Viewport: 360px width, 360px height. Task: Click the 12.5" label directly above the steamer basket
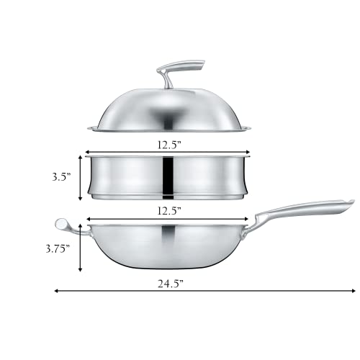click(x=168, y=143)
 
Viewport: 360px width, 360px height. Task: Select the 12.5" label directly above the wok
click(x=168, y=210)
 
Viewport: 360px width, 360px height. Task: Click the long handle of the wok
click(x=302, y=210)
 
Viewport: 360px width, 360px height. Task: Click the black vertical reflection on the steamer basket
click(x=168, y=176)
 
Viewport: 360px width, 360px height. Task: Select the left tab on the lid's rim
click(x=91, y=130)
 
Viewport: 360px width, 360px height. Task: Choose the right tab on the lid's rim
click(x=248, y=130)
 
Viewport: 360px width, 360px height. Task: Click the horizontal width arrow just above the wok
click(x=168, y=219)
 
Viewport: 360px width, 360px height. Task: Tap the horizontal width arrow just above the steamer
click(x=168, y=153)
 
